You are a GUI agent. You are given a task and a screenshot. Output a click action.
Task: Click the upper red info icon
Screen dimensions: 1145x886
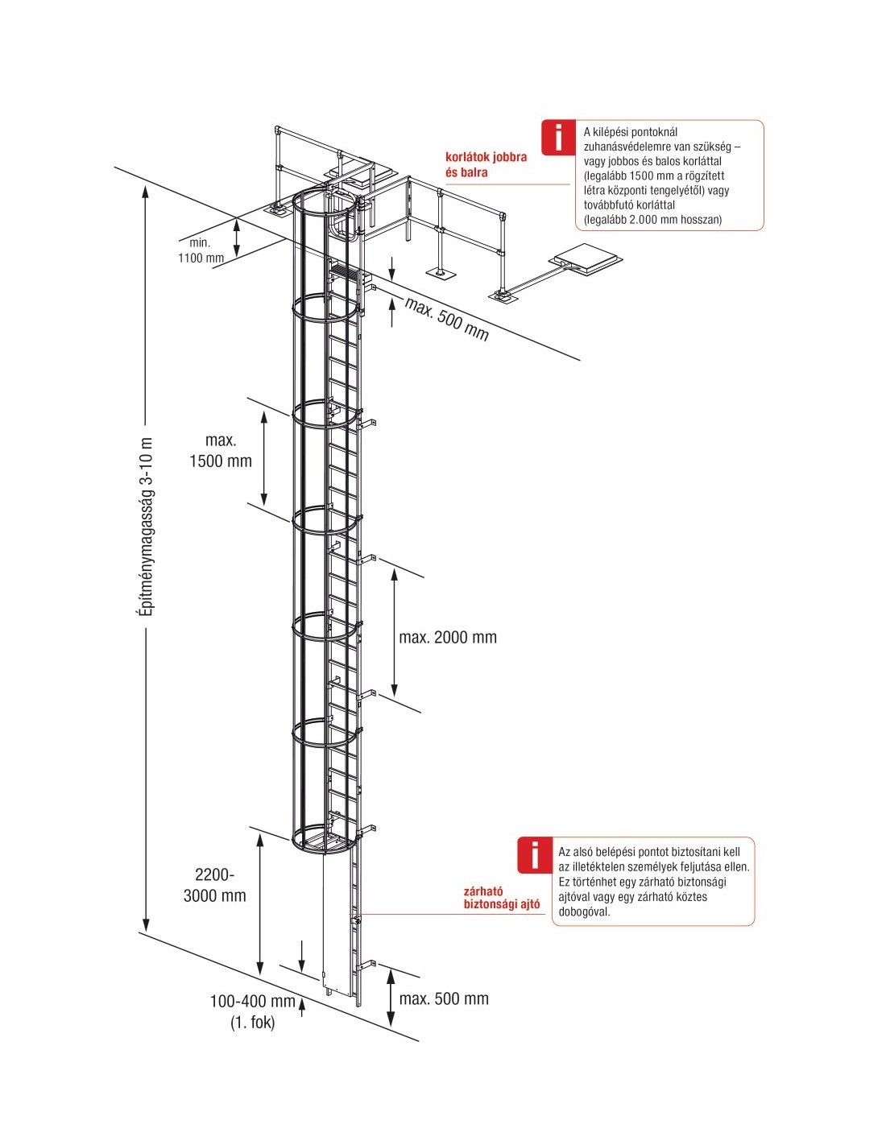point(558,137)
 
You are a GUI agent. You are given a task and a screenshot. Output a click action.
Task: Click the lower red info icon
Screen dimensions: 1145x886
point(534,854)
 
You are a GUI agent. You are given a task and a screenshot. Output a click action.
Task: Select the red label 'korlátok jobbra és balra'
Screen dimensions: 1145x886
point(486,164)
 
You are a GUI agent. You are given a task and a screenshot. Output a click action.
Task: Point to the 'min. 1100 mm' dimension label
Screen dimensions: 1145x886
point(201,250)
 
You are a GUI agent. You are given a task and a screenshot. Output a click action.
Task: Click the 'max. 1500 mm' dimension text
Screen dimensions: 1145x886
point(220,451)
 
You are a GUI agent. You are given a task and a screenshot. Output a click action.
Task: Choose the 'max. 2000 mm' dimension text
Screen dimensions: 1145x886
point(448,638)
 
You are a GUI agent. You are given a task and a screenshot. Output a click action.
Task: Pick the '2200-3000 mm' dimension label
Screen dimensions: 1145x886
point(215,885)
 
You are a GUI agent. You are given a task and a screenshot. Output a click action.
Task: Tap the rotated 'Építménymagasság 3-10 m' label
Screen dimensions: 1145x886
point(146,528)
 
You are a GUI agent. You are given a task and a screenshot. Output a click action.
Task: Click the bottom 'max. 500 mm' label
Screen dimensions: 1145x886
point(444,999)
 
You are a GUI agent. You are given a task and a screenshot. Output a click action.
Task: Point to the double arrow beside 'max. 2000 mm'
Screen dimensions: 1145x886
point(394,633)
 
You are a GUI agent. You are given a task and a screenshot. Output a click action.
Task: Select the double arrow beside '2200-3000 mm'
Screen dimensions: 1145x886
point(260,903)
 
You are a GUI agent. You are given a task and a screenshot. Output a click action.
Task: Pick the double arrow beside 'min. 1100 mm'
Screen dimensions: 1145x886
point(237,238)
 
